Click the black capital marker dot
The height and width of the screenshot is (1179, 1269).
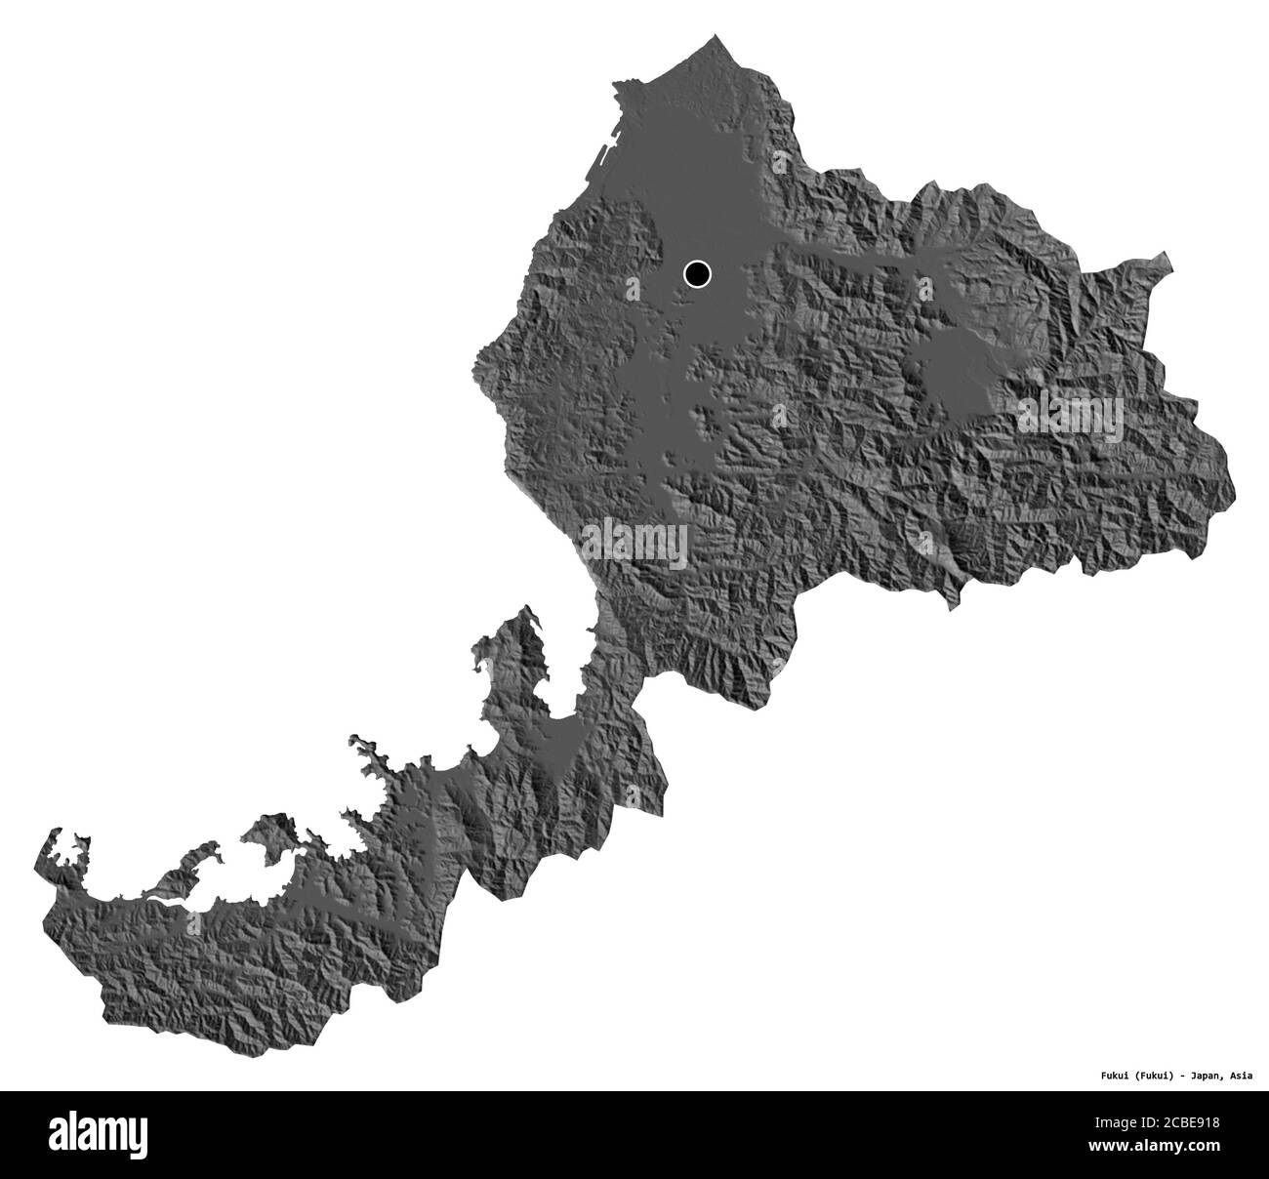(x=696, y=274)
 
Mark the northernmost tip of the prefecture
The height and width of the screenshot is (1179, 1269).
(x=716, y=37)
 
